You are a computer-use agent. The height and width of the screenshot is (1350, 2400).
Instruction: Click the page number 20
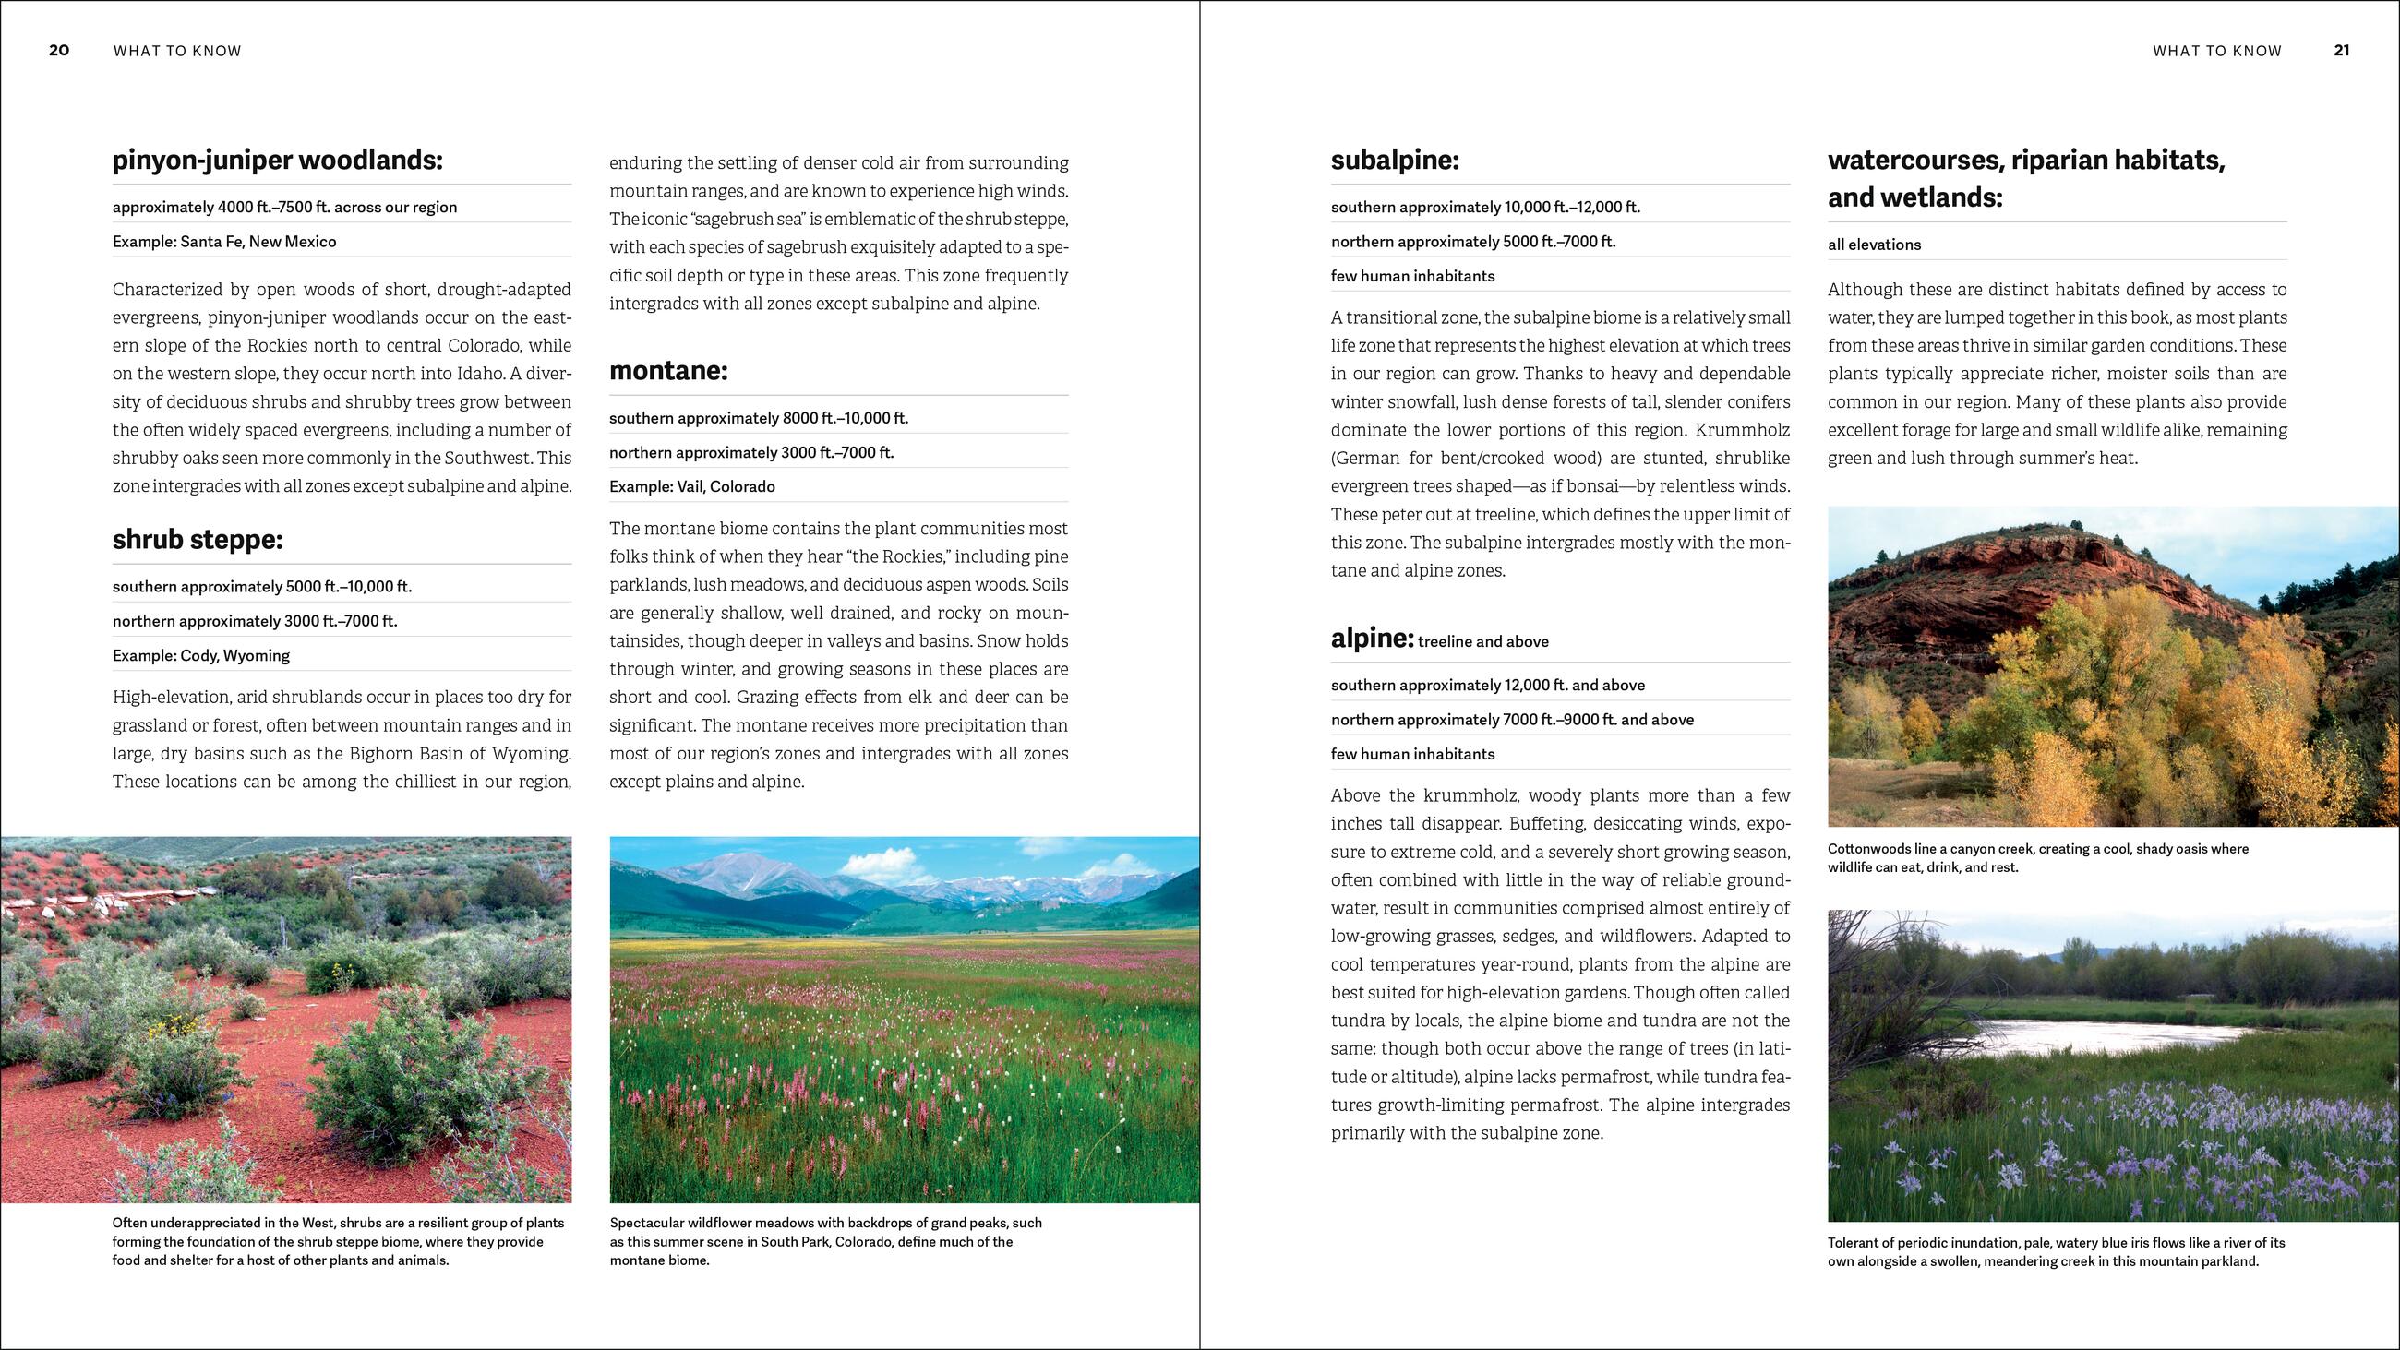pos(59,51)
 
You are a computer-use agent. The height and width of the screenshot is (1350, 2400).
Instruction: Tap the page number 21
pos(2341,51)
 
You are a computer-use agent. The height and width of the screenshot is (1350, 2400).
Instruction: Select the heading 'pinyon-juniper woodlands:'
pos(278,161)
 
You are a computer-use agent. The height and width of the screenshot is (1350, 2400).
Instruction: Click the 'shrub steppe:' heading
pos(198,540)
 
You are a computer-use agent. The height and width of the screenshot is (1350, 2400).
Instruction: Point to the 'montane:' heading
pos(668,371)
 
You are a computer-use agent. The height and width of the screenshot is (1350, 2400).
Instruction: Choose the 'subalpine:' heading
pos(1395,161)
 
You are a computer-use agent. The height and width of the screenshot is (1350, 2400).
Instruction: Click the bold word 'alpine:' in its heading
pos(1373,639)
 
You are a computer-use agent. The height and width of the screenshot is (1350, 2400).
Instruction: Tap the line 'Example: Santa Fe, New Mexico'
pos(224,242)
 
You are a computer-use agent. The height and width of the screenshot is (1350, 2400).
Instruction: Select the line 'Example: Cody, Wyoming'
pos(201,655)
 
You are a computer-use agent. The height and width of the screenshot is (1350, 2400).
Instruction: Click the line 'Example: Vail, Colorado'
pos(692,486)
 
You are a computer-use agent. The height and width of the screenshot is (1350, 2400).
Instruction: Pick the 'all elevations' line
pos(1875,245)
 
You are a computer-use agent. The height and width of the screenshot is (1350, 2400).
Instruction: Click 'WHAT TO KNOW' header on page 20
pos(177,52)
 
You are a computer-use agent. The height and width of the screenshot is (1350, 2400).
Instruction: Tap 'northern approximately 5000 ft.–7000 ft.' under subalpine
pos(1473,242)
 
